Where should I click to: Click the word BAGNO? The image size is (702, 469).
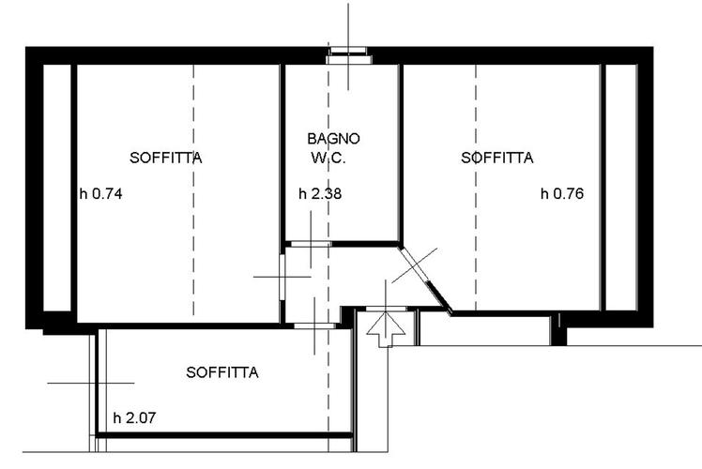[x=333, y=139]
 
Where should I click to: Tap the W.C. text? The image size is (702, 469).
[x=328, y=158]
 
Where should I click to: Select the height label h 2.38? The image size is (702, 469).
[x=320, y=194]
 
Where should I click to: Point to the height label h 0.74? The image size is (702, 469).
[x=100, y=194]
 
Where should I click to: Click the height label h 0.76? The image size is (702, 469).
[x=562, y=194]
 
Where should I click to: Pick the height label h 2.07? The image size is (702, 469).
[x=134, y=418]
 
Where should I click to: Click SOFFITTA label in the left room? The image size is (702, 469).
[x=166, y=158]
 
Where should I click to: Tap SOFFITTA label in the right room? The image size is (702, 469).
[x=497, y=158]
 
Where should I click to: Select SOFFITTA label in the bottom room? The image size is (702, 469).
[x=222, y=372]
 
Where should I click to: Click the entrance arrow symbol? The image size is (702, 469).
[x=386, y=329]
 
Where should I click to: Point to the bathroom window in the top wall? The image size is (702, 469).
[x=349, y=56]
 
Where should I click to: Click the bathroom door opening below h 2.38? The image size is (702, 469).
[x=312, y=244]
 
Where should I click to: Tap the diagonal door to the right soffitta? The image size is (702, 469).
[x=414, y=265]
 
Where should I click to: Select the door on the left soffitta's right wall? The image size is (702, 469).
[x=282, y=277]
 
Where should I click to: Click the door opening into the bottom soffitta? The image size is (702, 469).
[x=314, y=325]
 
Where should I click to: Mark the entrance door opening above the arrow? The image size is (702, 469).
[x=386, y=309]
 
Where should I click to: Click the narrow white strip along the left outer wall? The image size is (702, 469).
[x=57, y=188]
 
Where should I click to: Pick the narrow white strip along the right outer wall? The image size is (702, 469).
[x=621, y=188]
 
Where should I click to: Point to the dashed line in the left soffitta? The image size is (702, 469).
[x=194, y=190]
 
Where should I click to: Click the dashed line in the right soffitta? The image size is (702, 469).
[x=476, y=188]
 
